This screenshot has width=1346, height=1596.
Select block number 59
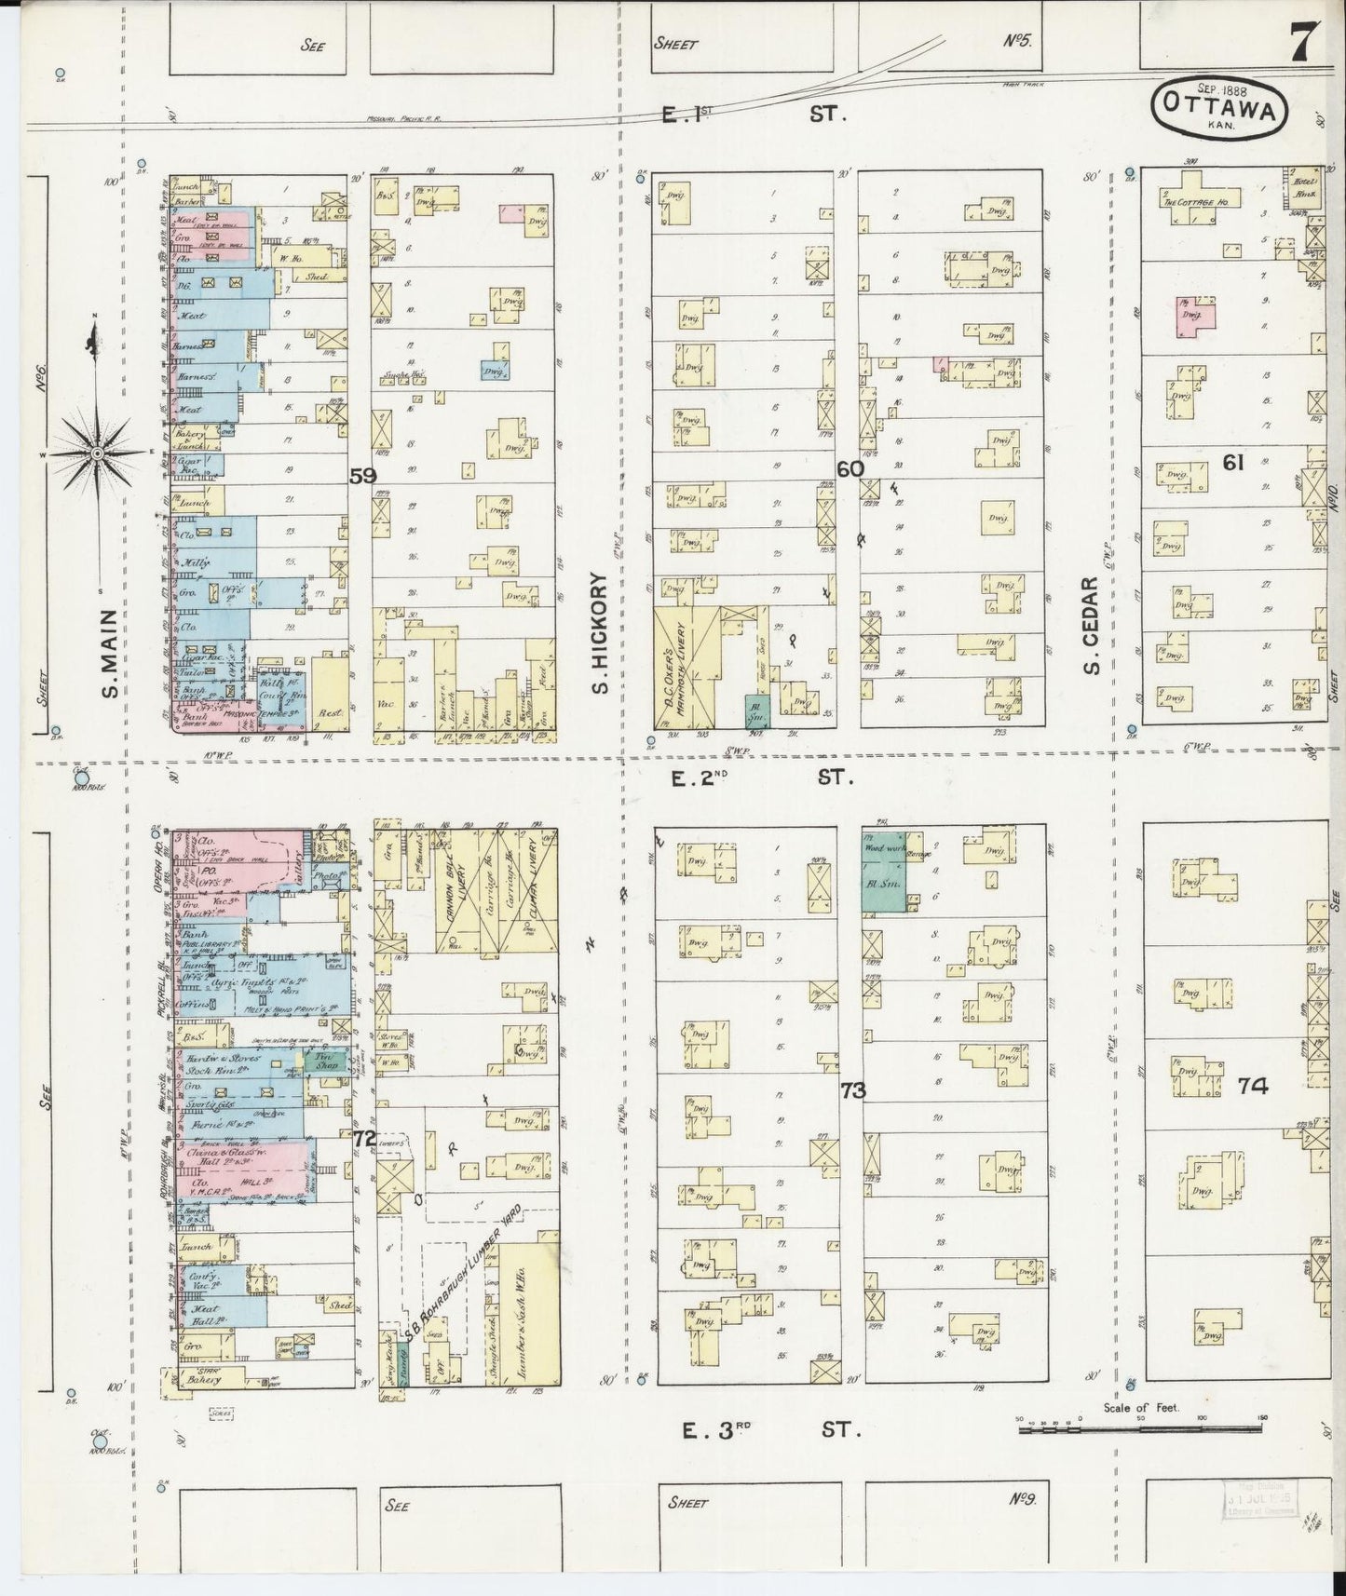(x=362, y=476)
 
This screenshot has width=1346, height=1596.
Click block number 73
(x=852, y=1090)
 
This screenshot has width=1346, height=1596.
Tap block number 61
(x=1233, y=462)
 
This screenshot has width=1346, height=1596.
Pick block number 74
(x=1253, y=1085)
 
